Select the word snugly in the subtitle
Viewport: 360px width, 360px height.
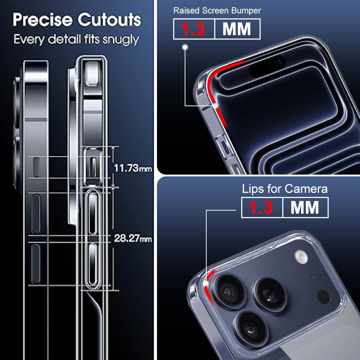[x=121, y=40]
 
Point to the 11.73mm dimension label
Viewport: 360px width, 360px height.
[x=133, y=168]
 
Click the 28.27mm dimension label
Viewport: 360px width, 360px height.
[x=133, y=238]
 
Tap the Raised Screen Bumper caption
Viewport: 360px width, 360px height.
[x=217, y=10]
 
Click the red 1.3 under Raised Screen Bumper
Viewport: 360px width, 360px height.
[x=193, y=29]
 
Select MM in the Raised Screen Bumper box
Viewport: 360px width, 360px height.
[x=237, y=29]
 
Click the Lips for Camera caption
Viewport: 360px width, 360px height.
[x=285, y=189]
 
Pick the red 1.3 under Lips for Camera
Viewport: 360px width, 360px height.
[x=262, y=208]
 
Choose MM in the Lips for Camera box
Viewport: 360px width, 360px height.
[x=305, y=208]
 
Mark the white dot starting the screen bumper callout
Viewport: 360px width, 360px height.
[x=185, y=47]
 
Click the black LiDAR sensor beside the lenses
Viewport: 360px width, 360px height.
[x=323, y=296]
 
